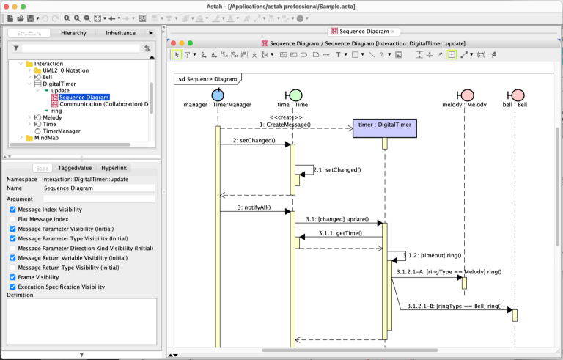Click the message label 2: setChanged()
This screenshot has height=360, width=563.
click(254, 140)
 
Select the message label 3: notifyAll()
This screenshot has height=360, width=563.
click(254, 207)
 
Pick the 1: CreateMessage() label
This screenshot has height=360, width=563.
click(285, 125)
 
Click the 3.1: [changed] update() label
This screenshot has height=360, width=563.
click(338, 219)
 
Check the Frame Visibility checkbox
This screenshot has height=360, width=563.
click(12, 278)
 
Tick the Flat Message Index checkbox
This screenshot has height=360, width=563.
click(12, 219)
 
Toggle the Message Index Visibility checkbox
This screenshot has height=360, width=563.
click(12, 210)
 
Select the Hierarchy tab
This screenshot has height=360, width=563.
click(73, 33)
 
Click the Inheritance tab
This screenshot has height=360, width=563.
click(120, 33)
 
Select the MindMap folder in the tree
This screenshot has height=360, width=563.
click(46, 138)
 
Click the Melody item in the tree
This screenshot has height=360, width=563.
click(52, 117)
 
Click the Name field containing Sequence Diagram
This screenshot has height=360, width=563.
click(99, 188)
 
